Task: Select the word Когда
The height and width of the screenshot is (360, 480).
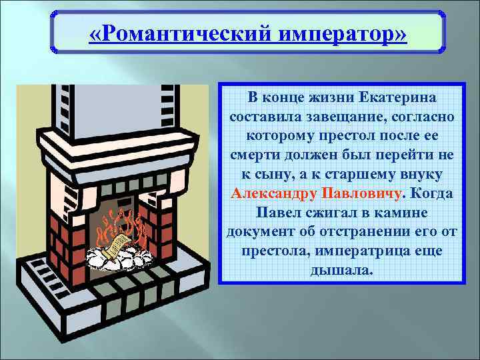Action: coord(432,194)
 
